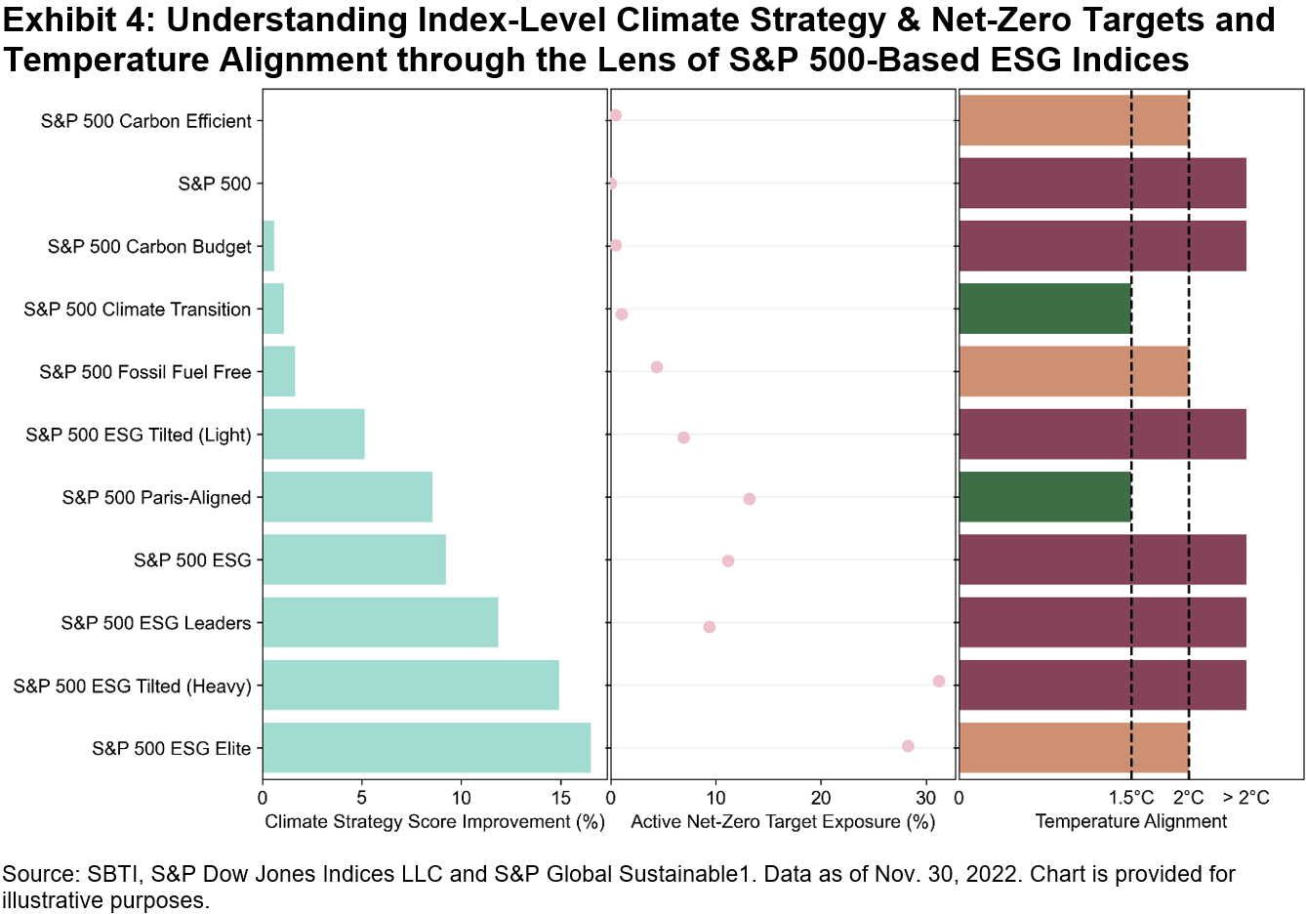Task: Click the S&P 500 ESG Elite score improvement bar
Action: (x=427, y=748)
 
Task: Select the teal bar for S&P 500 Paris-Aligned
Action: (x=347, y=497)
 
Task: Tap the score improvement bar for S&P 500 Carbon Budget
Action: (x=268, y=246)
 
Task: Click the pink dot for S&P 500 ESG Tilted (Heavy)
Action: (x=939, y=682)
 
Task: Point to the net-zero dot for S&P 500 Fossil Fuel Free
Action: (x=657, y=367)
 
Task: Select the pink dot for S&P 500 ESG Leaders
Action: (x=710, y=627)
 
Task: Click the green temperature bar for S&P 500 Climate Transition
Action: (x=1045, y=309)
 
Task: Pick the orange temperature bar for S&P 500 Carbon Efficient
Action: (x=1074, y=121)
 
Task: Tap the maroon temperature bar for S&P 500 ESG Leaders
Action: (x=1102, y=622)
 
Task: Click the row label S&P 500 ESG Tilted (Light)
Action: (x=139, y=435)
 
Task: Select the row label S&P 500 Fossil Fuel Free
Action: (x=145, y=372)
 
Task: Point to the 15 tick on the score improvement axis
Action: (x=560, y=798)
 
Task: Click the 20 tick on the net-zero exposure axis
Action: (x=821, y=798)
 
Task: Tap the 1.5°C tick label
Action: (x=1131, y=798)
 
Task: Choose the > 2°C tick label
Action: (x=1245, y=798)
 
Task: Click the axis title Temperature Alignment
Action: (x=1130, y=821)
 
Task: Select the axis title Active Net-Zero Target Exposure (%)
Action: (x=783, y=821)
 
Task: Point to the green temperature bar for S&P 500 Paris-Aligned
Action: (x=1045, y=497)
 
